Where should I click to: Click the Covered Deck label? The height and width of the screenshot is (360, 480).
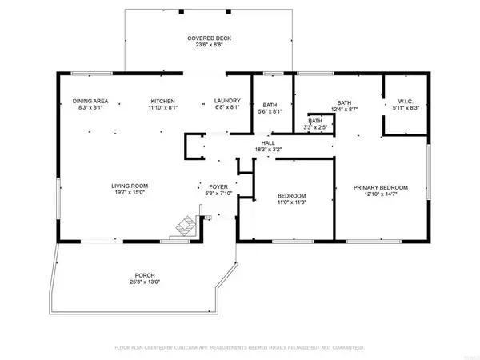(x=205, y=38)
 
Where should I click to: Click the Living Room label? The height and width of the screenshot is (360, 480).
(x=130, y=186)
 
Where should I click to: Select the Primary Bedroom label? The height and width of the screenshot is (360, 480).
(x=381, y=187)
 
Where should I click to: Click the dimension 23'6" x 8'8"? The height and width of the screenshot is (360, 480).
(x=205, y=46)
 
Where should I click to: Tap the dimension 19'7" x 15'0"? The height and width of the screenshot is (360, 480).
(x=130, y=194)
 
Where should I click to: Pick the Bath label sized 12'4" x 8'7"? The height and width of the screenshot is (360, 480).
(x=344, y=102)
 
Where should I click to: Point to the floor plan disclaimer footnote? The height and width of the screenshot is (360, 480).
(x=240, y=348)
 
